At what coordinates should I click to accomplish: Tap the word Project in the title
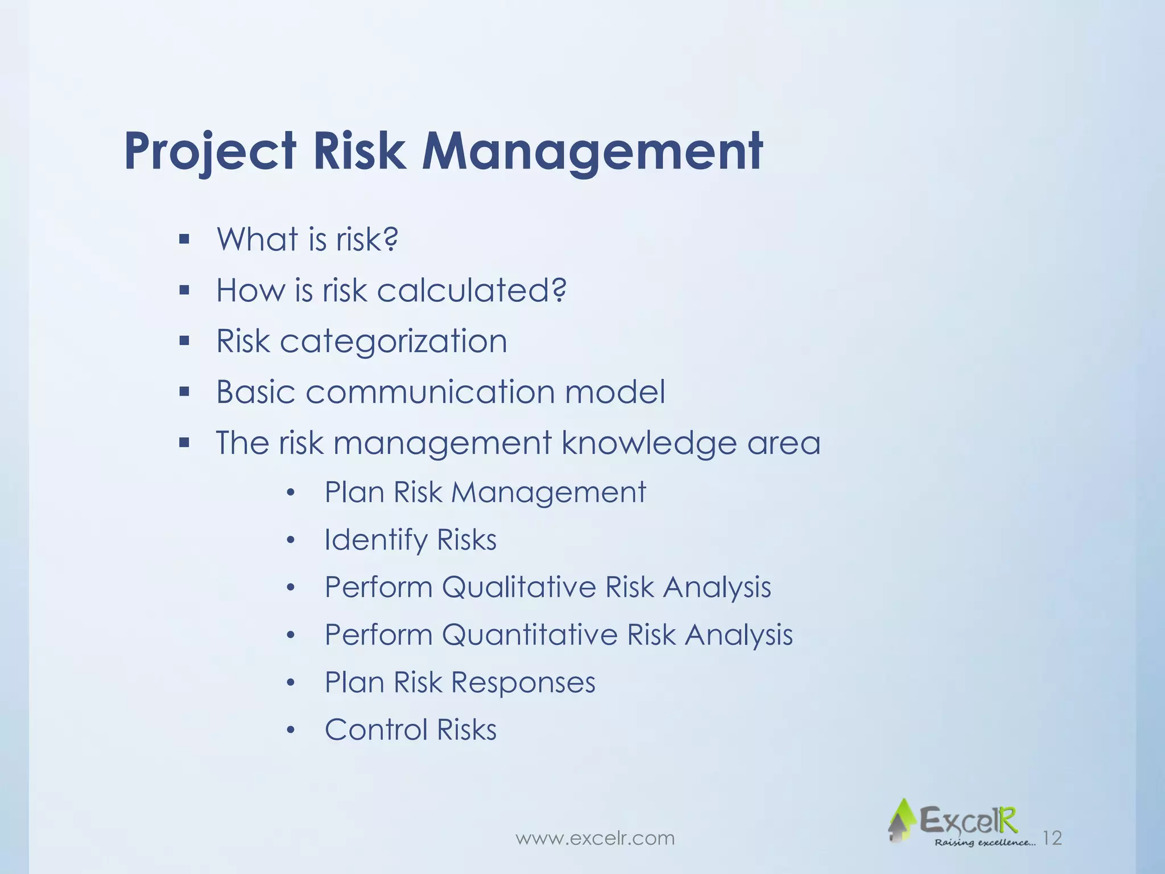pyautogui.click(x=210, y=151)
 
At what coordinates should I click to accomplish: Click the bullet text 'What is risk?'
pyautogui.click(x=307, y=239)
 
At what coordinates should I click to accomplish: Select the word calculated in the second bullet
pyautogui.click(x=472, y=290)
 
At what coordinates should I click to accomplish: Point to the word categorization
pyautogui.click(x=393, y=341)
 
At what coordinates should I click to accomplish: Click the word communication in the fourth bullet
pyautogui.click(x=429, y=392)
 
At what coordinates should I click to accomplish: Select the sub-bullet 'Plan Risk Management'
pyautogui.click(x=485, y=492)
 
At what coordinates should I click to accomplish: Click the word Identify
pyautogui.click(x=376, y=540)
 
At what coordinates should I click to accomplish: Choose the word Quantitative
pyautogui.click(x=530, y=635)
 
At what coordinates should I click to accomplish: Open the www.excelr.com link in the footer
pyautogui.click(x=595, y=838)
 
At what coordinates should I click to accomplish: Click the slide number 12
pyautogui.click(x=1053, y=838)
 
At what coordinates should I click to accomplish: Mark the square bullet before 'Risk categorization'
pyautogui.click(x=184, y=341)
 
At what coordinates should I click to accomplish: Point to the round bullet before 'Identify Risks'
pyautogui.click(x=291, y=541)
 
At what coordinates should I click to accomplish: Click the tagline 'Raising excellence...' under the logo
pyautogui.click(x=985, y=843)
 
